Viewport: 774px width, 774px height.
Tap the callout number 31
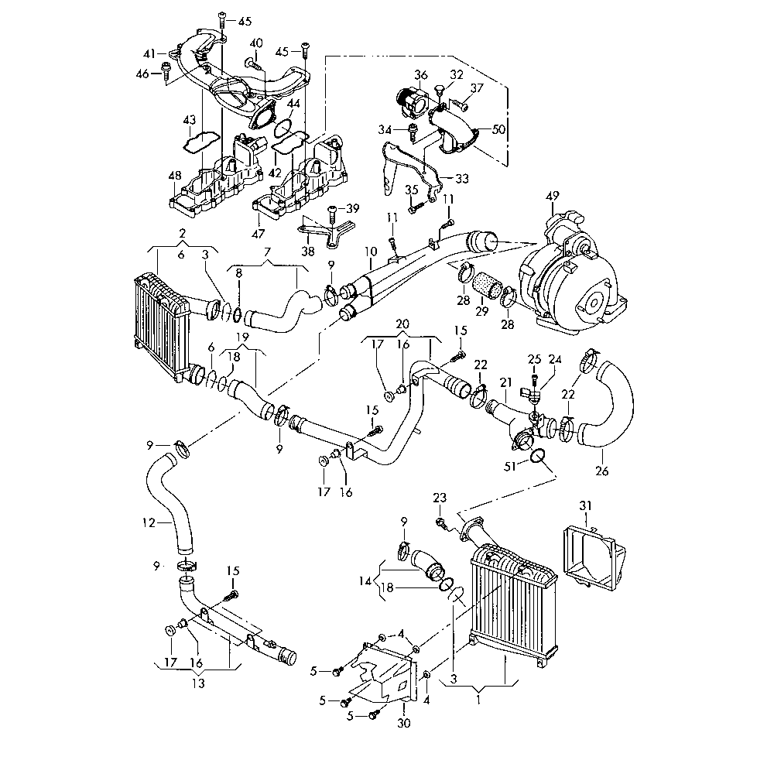click(586, 505)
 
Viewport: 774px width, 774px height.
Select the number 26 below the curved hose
click(601, 470)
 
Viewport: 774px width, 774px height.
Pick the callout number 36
click(421, 75)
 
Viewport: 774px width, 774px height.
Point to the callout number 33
click(462, 179)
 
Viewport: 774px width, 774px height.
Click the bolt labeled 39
click(331, 209)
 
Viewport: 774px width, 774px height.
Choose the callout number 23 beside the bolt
click(440, 498)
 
